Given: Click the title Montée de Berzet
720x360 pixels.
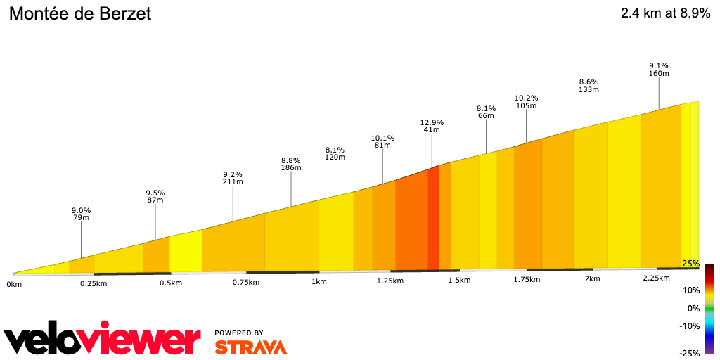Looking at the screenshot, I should [79, 14].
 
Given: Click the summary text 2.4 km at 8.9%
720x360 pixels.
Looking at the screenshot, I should [664, 13].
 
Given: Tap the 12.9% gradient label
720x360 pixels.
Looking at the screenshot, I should [431, 125].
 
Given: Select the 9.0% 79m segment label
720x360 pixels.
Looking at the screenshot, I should [81, 214].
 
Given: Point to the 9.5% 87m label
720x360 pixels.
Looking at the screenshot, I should [155, 196].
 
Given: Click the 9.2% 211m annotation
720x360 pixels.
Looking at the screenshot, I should [233, 178].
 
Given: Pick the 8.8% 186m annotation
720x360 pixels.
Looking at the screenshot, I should [291, 164].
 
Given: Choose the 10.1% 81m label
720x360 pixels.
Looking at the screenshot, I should [382, 141].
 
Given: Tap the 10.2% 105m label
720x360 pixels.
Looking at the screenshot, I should [526, 102].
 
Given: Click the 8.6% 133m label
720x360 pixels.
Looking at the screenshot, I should [589, 86].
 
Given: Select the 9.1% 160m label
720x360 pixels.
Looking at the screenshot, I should [659, 70].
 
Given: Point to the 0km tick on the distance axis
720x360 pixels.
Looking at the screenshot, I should [14, 284].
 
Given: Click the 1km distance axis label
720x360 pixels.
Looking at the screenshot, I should [319, 281].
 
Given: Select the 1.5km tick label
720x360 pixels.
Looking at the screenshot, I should [459, 280].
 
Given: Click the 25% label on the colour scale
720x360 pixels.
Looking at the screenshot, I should [690, 264].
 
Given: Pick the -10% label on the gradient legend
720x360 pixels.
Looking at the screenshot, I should [689, 326].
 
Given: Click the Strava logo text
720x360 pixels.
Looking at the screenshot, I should [250, 347].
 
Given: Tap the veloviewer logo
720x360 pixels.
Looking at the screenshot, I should [103, 340].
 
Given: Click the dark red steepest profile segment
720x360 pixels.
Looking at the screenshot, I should [433, 218].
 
